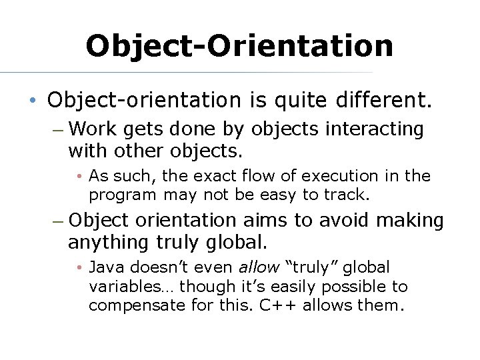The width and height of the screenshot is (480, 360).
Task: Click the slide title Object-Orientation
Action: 239,45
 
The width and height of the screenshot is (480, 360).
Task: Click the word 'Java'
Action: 106,267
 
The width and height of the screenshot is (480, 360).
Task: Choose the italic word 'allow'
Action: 259,267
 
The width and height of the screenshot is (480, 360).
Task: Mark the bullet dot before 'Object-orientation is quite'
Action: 32,101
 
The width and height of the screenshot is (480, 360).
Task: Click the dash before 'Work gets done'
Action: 57,129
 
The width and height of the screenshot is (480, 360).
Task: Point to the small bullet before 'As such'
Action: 79,177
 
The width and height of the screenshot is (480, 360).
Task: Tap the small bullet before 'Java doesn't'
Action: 79,268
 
